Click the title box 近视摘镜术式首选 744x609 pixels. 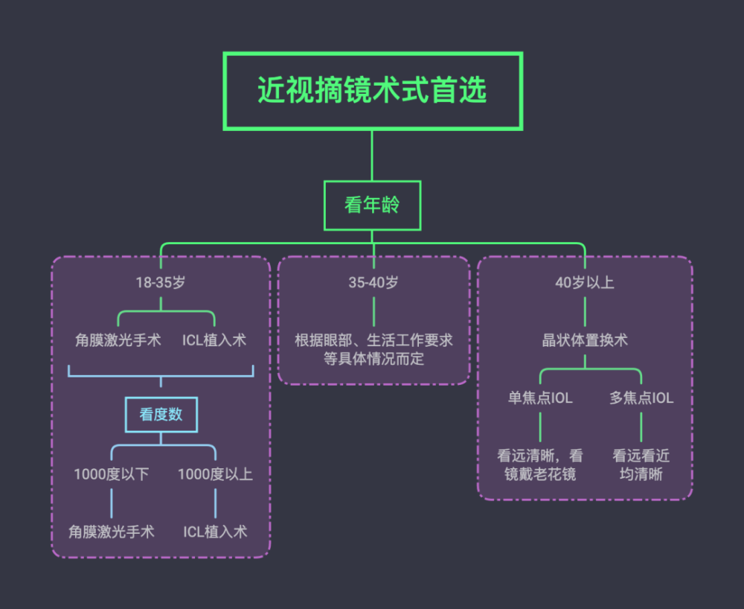(372, 91)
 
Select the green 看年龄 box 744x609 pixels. (372, 205)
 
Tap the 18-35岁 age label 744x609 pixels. (161, 283)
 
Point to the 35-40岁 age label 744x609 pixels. (373, 283)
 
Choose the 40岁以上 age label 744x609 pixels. (585, 283)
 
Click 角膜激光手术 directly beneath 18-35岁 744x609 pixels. (118, 340)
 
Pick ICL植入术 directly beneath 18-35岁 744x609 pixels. (214, 340)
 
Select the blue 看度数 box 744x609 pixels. (161, 415)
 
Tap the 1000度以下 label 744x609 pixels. (112, 474)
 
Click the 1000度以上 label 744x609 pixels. (215, 474)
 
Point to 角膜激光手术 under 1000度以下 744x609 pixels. (112, 532)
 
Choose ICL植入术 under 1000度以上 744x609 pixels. (215, 532)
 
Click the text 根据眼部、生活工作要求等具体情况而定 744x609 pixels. (373, 349)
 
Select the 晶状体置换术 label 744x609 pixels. (585, 340)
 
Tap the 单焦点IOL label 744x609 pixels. (540, 398)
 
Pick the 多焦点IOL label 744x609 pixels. (641, 398)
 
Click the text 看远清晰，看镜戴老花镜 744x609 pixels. (540, 465)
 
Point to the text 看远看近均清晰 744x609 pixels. (641, 465)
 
